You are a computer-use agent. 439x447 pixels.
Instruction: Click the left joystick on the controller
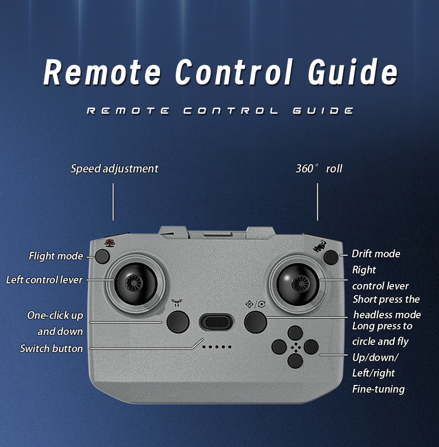[x=136, y=283]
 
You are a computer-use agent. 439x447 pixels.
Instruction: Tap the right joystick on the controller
[x=298, y=284]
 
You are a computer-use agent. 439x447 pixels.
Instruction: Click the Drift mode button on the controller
[x=331, y=257]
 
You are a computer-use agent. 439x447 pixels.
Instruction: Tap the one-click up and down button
[x=178, y=322]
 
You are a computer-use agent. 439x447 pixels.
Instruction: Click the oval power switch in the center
[x=217, y=322]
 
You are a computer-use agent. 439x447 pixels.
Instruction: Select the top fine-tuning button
[x=295, y=333]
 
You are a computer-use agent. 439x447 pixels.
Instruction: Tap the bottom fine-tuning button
[x=295, y=360]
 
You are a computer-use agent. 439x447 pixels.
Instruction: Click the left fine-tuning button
[x=279, y=347]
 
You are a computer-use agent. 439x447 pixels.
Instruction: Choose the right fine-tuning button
[x=311, y=347]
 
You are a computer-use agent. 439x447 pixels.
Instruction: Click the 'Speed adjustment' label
[x=114, y=169]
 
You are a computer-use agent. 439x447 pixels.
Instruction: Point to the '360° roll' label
[x=319, y=169]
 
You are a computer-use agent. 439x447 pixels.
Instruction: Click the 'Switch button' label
[x=52, y=348]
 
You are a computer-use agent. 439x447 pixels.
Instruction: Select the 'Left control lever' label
[x=44, y=280]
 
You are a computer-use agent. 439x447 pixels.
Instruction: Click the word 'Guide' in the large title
[x=353, y=72]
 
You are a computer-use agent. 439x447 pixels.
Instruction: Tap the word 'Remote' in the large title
[x=102, y=72]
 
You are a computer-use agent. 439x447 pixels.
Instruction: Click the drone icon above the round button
[x=177, y=303]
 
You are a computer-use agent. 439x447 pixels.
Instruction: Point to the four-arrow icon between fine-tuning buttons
[x=295, y=348]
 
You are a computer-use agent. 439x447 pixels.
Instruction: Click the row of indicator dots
[x=217, y=347]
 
